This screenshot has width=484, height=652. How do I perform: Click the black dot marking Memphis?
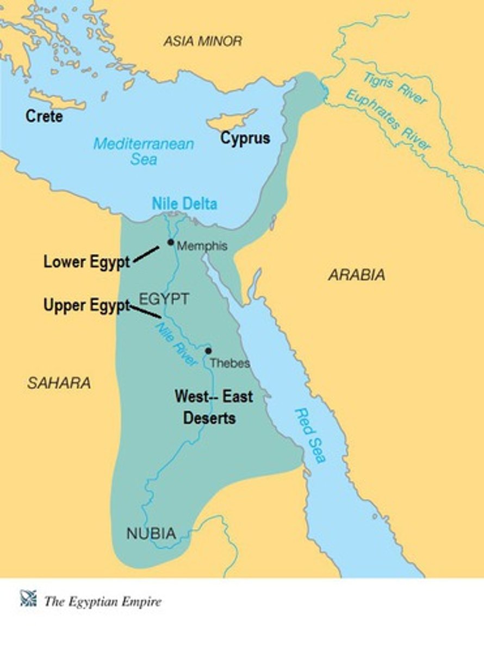[x=171, y=242]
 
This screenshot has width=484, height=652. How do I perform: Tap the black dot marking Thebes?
[x=208, y=351]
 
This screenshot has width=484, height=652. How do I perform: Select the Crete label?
[x=45, y=116]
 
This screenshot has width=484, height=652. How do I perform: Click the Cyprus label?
[x=245, y=138]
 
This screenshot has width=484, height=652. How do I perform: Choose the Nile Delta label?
[x=184, y=204]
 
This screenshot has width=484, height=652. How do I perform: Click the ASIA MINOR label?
[x=203, y=41]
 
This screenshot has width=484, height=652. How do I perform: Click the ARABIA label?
[x=356, y=275]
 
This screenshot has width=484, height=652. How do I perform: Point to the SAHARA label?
[x=59, y=383]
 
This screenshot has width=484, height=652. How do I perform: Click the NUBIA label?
[x=151, y=534]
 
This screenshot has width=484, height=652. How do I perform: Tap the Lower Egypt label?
[x=87, y=262]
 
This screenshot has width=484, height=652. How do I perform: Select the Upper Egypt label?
[x=87, y=305]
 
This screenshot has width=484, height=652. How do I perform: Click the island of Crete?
[x=57, y=101]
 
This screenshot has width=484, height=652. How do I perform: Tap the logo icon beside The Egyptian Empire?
[x=28, y=599]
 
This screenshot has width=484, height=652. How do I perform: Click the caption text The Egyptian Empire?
[x=103, y=601]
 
